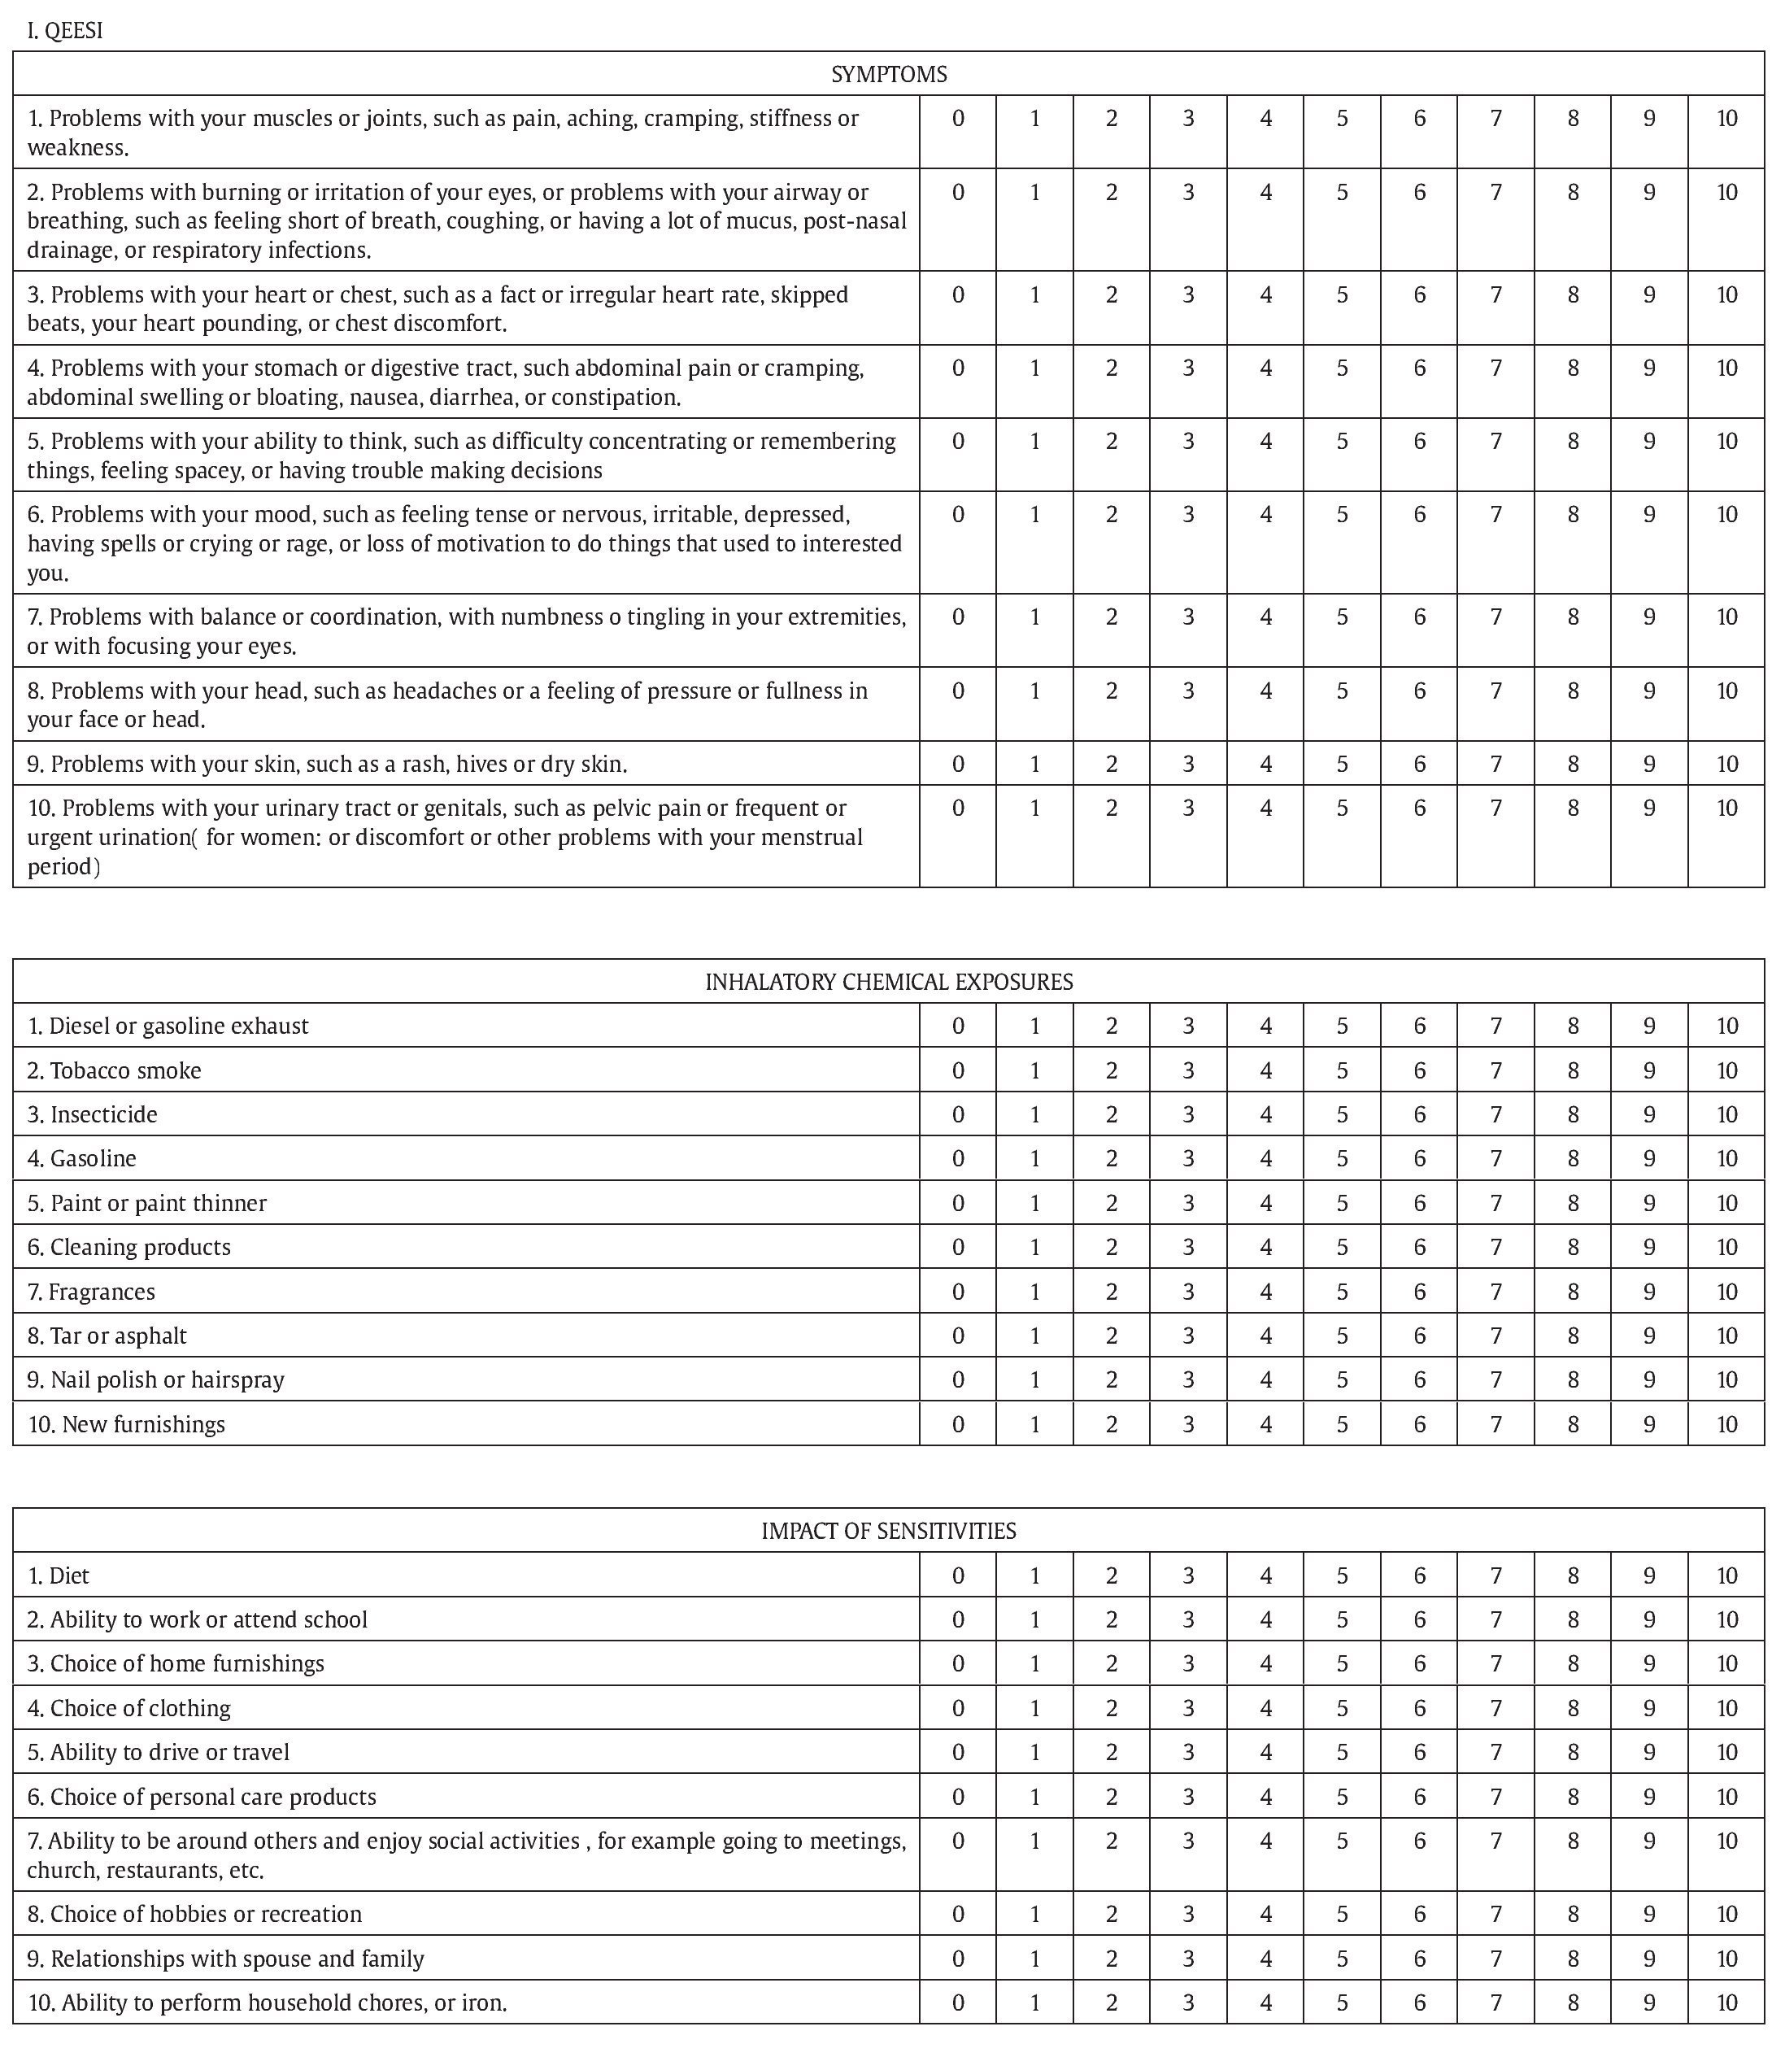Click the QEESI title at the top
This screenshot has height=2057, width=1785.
(x=65, y=31)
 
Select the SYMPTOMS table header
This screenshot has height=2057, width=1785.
(x=889, y=74)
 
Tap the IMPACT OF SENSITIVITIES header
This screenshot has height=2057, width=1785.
(x=889, y=1530)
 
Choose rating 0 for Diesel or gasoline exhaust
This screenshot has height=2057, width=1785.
(x=957, y=1026)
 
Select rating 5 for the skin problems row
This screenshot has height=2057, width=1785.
(x=1342, y=764)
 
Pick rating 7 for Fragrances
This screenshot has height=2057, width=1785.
(x=1495, y=1291)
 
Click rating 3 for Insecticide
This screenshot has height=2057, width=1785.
(x=1187, y=1113)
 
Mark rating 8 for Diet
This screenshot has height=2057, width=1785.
(x=1572, y=1575)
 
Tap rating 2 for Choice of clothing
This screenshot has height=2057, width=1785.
(x=1111, y=1707)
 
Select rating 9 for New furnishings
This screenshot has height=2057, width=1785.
(x=1648, y=1423)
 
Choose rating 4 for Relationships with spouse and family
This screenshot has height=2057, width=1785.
(x=1265, y=1959)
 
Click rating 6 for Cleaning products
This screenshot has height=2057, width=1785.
(x=1418, y=1246)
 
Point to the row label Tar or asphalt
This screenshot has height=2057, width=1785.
(x=107, y=1335)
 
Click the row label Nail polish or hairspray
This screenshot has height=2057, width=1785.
(x=155, y=1379)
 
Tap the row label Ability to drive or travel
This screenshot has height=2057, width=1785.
(x=159, y=1751)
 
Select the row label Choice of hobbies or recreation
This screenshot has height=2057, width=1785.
(x=194, y=1914)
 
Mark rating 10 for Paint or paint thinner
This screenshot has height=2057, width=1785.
(x=1726, y=1202)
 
